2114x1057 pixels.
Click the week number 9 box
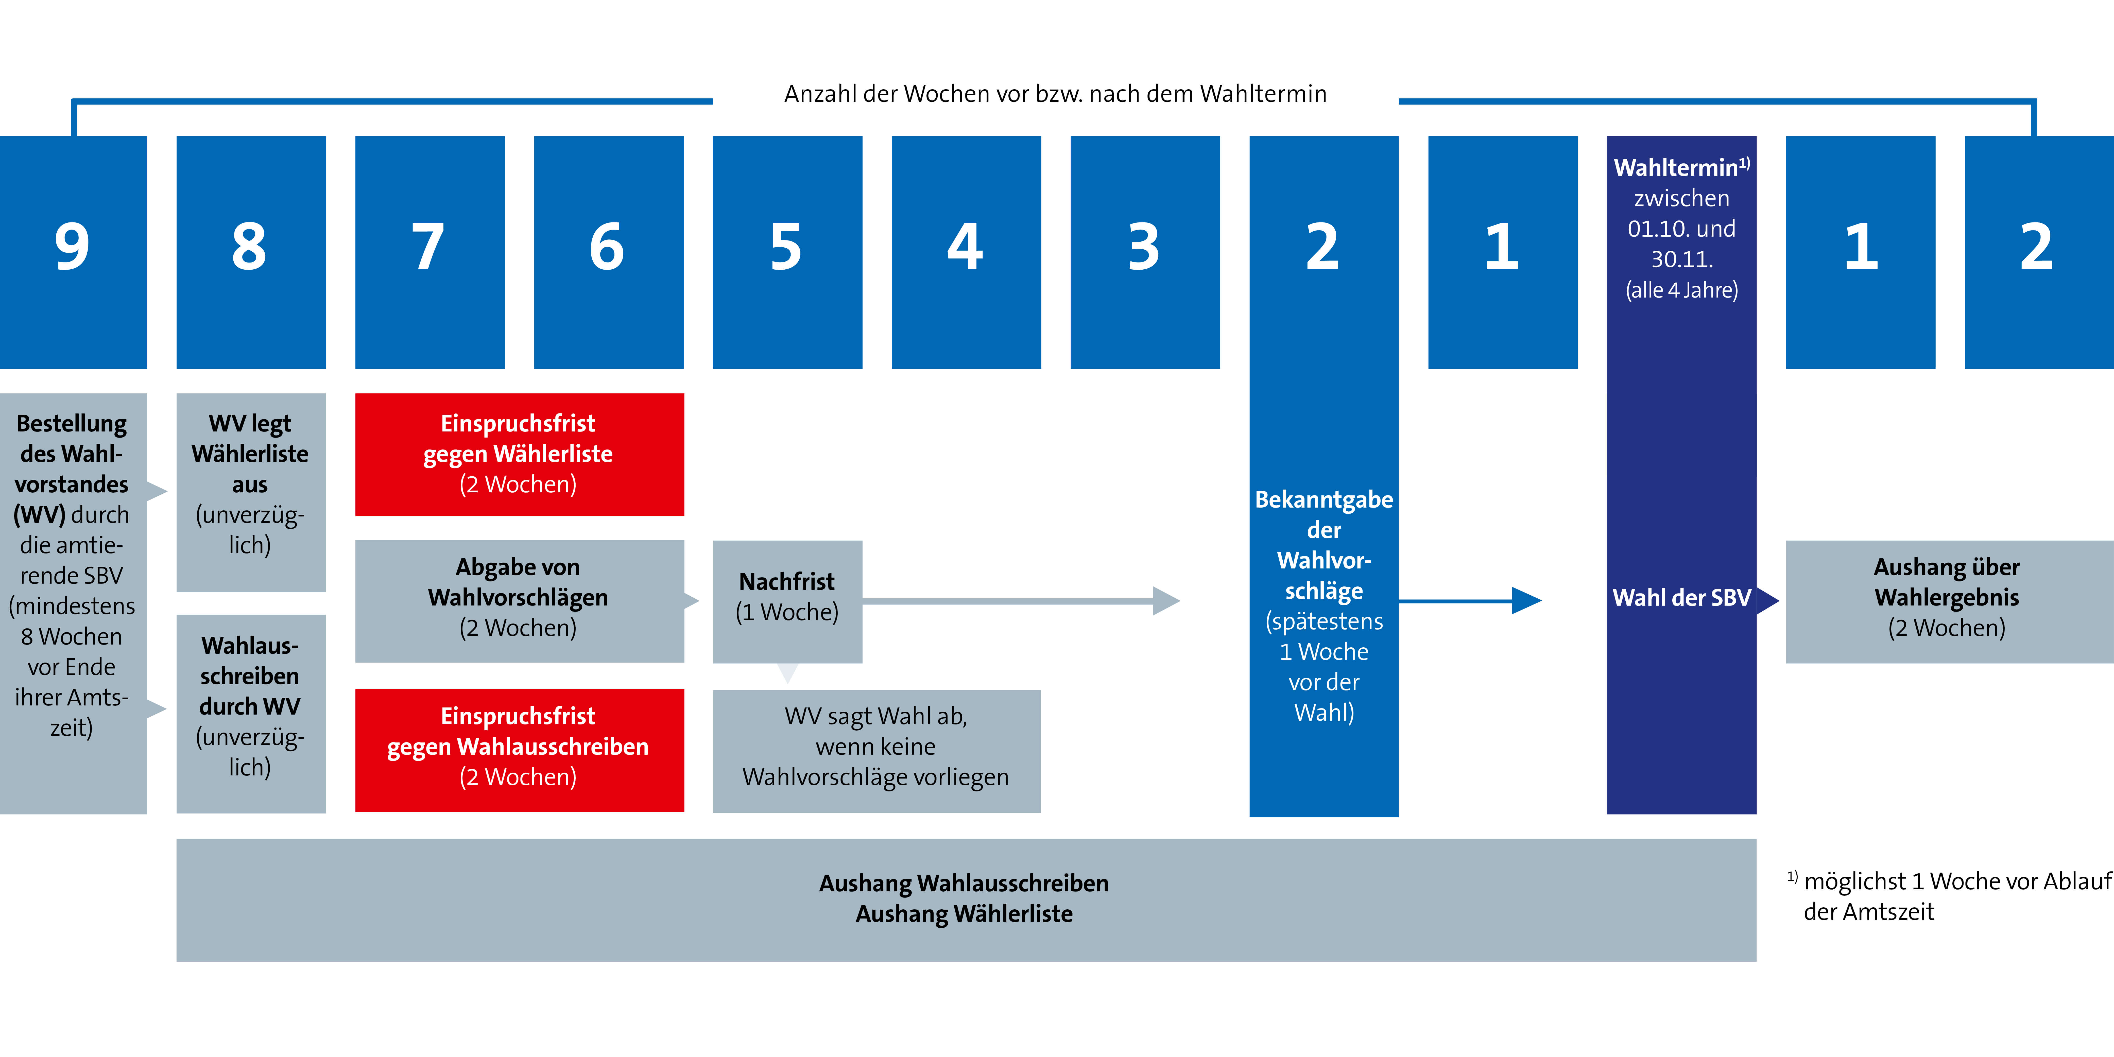73,252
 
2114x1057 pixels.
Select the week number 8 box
251,252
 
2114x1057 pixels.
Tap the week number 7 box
430,252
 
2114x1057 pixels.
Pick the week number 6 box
609,252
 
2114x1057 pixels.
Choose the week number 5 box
788,252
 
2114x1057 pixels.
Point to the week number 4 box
967,252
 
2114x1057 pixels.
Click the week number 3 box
1146,252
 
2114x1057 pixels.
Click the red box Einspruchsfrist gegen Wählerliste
520,455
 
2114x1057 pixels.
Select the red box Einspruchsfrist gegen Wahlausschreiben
520,750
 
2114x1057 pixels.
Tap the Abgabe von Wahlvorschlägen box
520,601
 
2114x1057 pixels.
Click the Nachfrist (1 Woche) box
788,601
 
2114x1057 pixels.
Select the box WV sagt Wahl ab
876,751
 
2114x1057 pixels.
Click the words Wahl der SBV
1681,597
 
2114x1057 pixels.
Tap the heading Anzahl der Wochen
1055,94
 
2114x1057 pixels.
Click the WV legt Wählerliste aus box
251,492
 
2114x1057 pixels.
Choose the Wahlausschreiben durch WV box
251,714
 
